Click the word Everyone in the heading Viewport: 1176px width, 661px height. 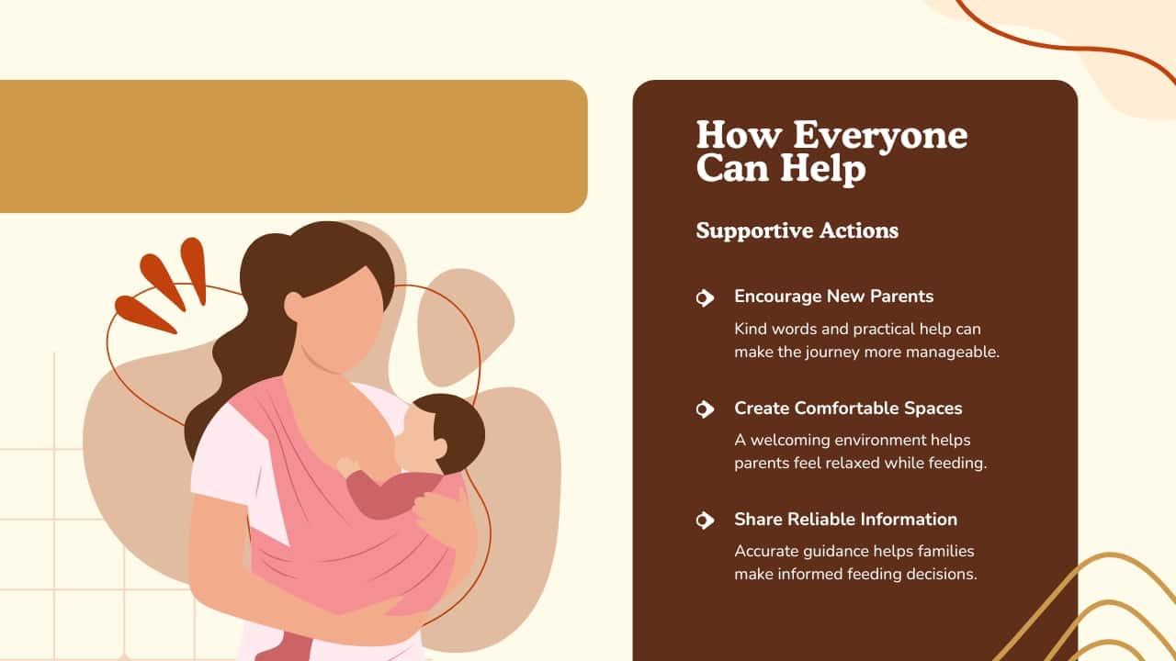pyautogui.click(x=880, y=135)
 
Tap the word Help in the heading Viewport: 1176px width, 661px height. pyautogui.click(x=822, y=168)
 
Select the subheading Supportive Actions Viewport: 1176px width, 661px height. pyautogui.click(x=797, y=230)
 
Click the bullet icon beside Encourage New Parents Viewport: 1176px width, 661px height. pyautogui.click(x=705, y=297)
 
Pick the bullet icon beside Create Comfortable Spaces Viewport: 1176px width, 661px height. pyautogui.click(x=705, y=409)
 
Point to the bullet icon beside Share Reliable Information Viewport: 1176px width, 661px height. pyautogui.click(x=705, y=520)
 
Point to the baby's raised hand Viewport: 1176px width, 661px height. pyautogui.click(x=347, y=466)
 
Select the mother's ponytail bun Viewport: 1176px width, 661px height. pyautogui.click(x=266, y=263)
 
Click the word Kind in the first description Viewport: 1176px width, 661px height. pyautogui.click(x=746, y=330)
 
